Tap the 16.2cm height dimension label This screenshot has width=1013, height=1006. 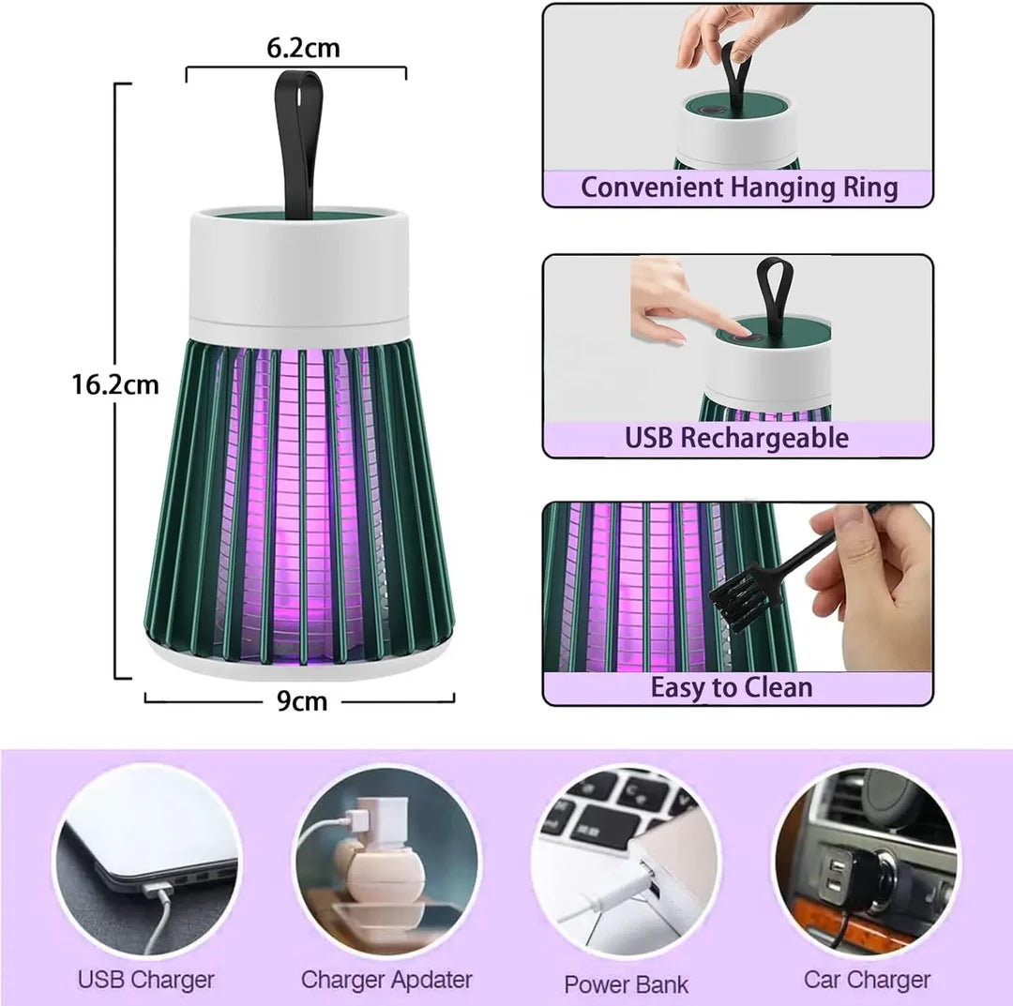point(115,384)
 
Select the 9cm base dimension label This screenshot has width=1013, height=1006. point(302,700)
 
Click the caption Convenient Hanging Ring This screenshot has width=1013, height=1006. point(738,187)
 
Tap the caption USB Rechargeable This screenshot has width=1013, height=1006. point(737,438)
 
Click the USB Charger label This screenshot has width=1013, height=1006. point(146,980)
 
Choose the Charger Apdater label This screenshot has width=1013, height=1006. point(386,980)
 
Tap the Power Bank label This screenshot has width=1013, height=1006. point(626,983)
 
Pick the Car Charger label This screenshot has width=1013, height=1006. point(867,980)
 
